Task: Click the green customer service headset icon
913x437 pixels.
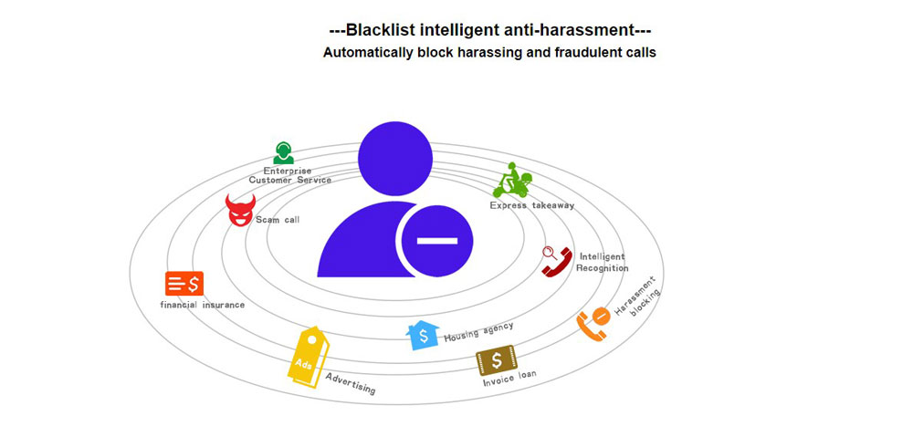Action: pos(283,153)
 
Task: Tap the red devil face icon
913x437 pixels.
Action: pos(239,212)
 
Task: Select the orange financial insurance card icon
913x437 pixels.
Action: pos(184,284)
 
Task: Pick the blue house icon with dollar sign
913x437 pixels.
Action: pos(423,335)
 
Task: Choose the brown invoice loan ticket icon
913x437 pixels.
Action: pos(496,359)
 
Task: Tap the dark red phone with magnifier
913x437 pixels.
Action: pos(554,262)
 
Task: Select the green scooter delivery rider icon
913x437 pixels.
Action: pos(513,181)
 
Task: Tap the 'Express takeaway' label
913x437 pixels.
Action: pos(532,206)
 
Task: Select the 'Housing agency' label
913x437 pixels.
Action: pos(478,332)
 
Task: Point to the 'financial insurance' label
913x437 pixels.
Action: pos(203,305)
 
